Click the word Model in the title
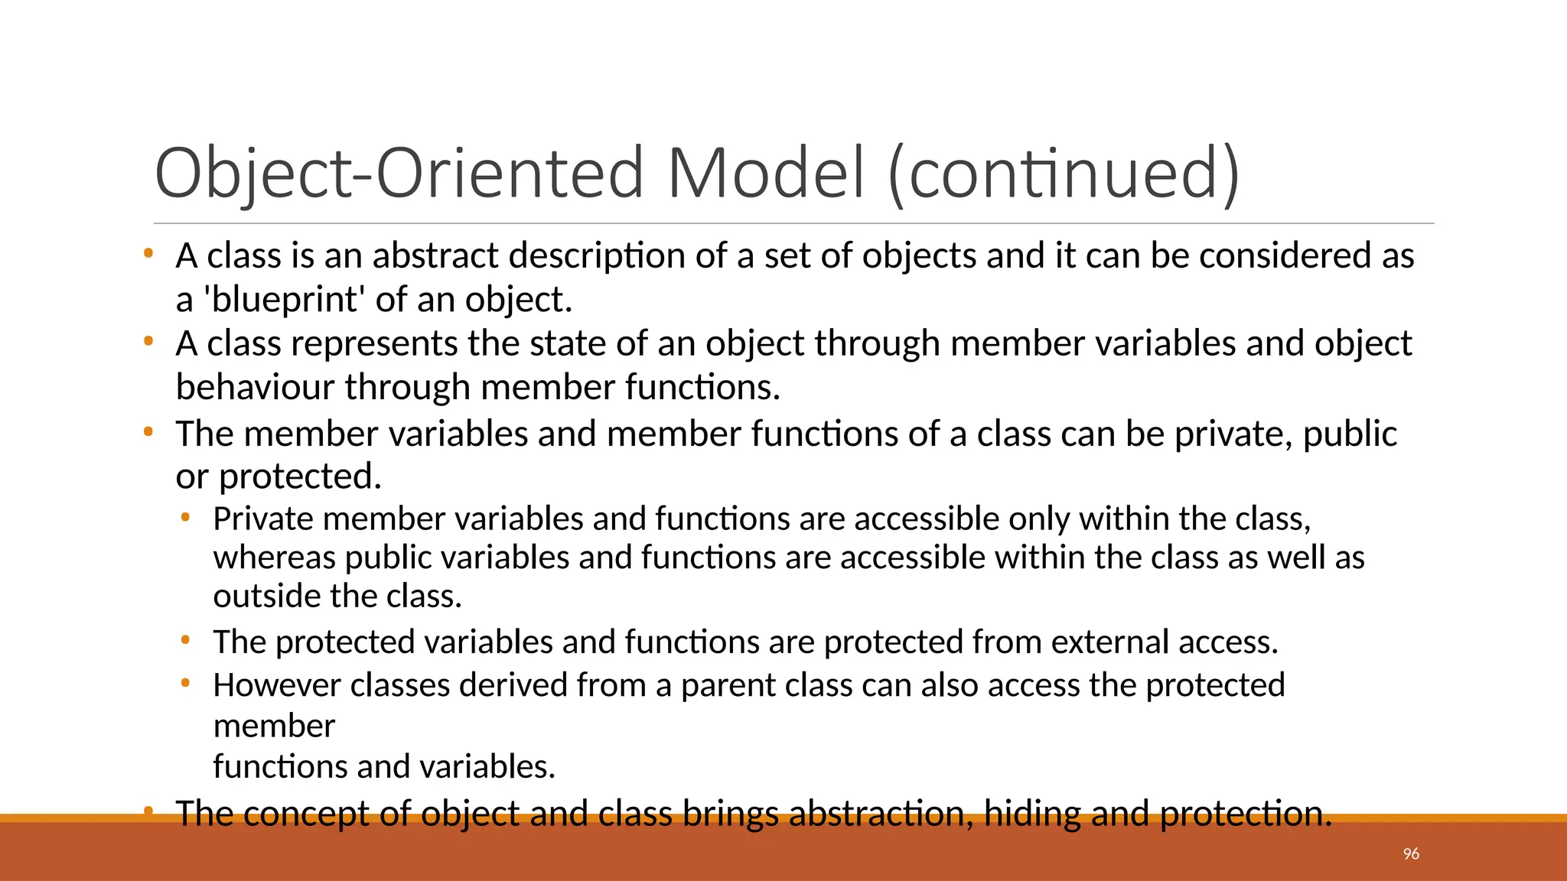point(766,173)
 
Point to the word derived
point(513,685)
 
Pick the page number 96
point(1411,854)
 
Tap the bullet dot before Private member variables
point(184,517)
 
